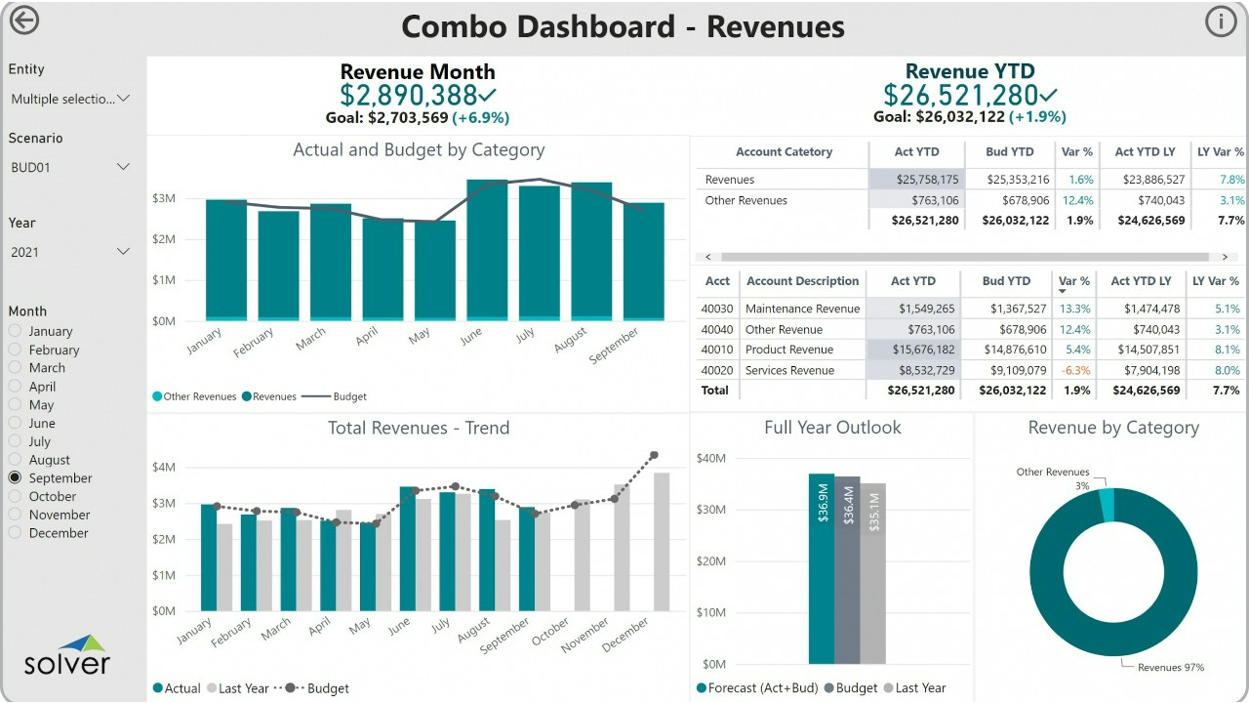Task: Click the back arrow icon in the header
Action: (23, 21)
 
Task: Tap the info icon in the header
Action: (1221, 21)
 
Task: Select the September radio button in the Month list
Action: (16, 478)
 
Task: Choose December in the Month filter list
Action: (16, 533)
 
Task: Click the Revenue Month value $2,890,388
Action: (408, 95)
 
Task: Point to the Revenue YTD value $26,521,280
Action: (961, 95)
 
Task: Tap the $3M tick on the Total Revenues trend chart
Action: (164, 503)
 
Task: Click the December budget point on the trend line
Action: (654, 455)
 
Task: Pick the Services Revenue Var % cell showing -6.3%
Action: (1076, 370)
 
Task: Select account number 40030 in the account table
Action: (717, 309)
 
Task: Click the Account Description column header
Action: (802, 281)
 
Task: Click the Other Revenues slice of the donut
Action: (1107, 505)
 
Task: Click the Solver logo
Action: (67, 655)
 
